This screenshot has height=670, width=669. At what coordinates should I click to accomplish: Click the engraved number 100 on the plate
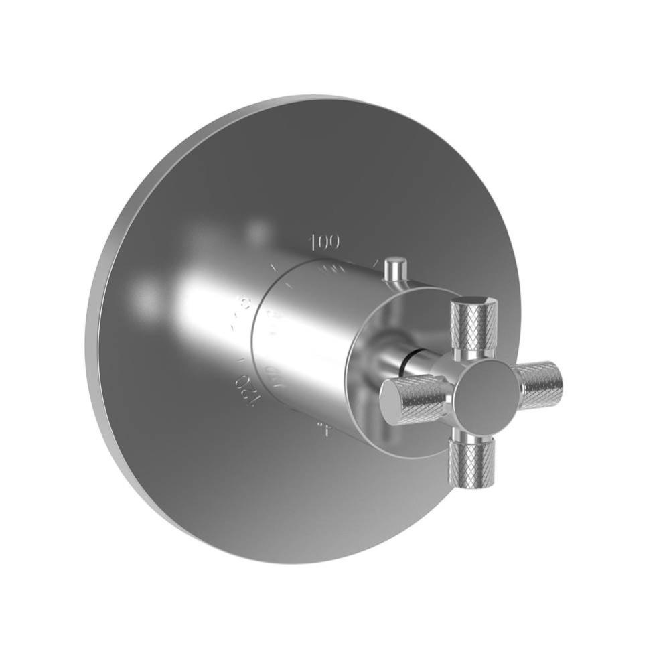pos(325,241)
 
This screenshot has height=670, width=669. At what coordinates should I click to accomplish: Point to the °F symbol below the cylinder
pos(323,429)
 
